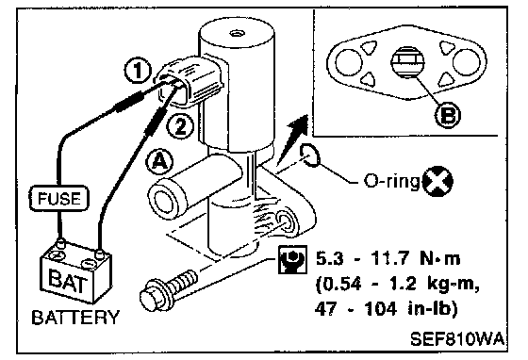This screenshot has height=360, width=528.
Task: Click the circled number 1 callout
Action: [x=138, y=71]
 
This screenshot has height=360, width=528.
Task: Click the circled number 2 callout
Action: [x=181, y=126]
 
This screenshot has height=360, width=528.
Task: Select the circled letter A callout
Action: [x=159, y=162]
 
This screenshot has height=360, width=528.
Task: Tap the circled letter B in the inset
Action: [x=448, y=115]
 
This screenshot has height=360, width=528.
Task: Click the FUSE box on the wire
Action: [x=59, y=199]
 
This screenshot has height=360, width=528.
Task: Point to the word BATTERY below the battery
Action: [x=75, y=318]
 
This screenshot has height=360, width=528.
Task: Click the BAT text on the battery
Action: [x=67, y=280]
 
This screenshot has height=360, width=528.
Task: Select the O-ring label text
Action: [x=392, y=182]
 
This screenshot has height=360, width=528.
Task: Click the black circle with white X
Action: [x=437, y=182]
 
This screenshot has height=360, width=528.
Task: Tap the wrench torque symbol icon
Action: [x=292, y=259]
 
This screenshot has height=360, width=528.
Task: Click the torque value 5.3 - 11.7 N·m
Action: [x=388, y=259]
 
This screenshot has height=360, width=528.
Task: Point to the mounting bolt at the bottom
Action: [x=169, y=290]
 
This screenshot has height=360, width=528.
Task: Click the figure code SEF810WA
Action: [x=457, y=339]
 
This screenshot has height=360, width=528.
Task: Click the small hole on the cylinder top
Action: [x=235, y=33]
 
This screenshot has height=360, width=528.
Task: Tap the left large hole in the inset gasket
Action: [x=349, y=62]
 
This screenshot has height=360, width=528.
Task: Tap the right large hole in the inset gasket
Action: [x=466, y=62]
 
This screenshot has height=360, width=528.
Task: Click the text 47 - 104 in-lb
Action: [x=387, y=309]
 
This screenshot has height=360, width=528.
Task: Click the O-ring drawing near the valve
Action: [x=309, y=155]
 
